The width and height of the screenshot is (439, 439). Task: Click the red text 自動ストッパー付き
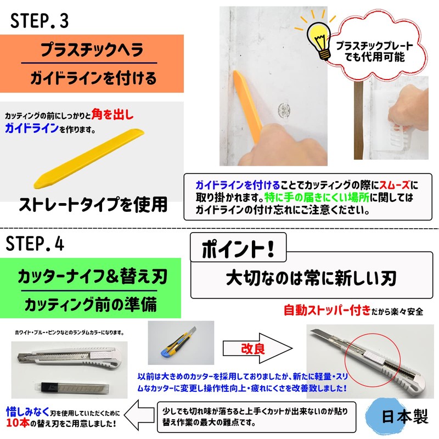coord(328,311)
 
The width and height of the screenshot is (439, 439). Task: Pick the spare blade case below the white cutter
coord(71,389)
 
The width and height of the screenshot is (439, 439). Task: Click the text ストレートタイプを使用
coord(93,205)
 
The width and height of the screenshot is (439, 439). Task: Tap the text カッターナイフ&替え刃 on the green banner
coord(91,276)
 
